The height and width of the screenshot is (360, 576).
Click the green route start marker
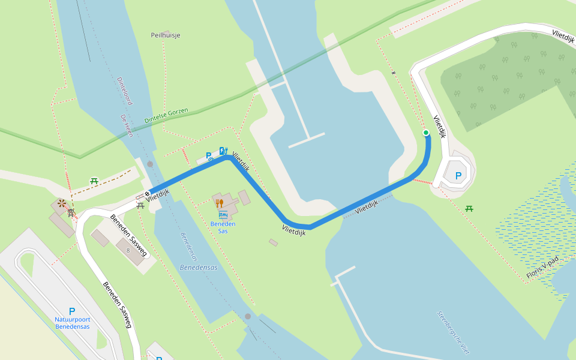[426, 133]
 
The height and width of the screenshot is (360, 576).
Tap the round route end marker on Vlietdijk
[147, 193]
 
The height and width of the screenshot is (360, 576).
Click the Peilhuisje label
[166, 35]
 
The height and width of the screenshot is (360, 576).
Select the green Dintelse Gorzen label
[166, 116]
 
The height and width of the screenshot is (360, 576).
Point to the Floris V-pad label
[542, 268]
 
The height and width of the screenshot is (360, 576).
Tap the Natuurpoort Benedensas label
[72, 323]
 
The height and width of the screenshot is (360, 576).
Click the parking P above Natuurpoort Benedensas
[72, 311]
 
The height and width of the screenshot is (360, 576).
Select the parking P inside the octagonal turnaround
[458, 176]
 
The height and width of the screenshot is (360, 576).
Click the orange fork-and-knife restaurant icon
[219, 203]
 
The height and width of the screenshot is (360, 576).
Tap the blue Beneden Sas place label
[223, 227]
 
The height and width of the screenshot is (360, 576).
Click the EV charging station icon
[223, 151]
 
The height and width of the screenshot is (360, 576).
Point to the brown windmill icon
[62, 203]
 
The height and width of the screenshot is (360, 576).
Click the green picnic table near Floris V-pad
[469, 208]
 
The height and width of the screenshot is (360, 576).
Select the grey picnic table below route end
[140, 205]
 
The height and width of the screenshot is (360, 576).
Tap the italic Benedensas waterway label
[198, 266]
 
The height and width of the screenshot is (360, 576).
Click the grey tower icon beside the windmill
[71, 212]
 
